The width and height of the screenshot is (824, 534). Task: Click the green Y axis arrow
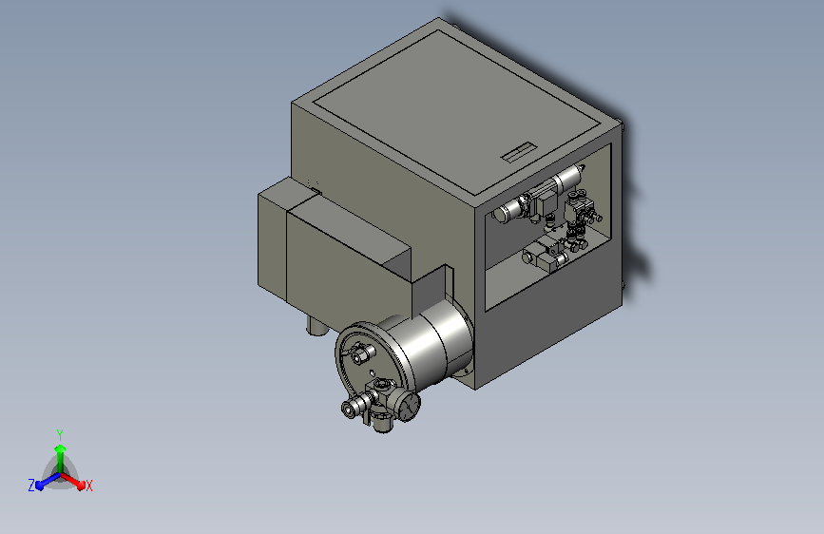tap(60, 450)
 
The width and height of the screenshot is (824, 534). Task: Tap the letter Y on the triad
tap(59, 432)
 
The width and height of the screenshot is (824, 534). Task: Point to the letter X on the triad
tap(88, 486)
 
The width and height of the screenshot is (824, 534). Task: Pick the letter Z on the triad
tap(31, 485)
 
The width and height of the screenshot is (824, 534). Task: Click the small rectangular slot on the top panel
tap(518, 154)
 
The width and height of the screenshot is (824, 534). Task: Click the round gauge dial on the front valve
tap(408, 404)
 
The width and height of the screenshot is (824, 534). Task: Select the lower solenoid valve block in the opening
tap(546, 254)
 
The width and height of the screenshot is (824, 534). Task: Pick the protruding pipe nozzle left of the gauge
tap(352, 409)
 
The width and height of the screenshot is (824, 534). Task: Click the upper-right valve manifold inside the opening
tap(583, 210)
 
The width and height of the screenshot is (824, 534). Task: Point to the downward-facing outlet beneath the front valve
tap(383, 424)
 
